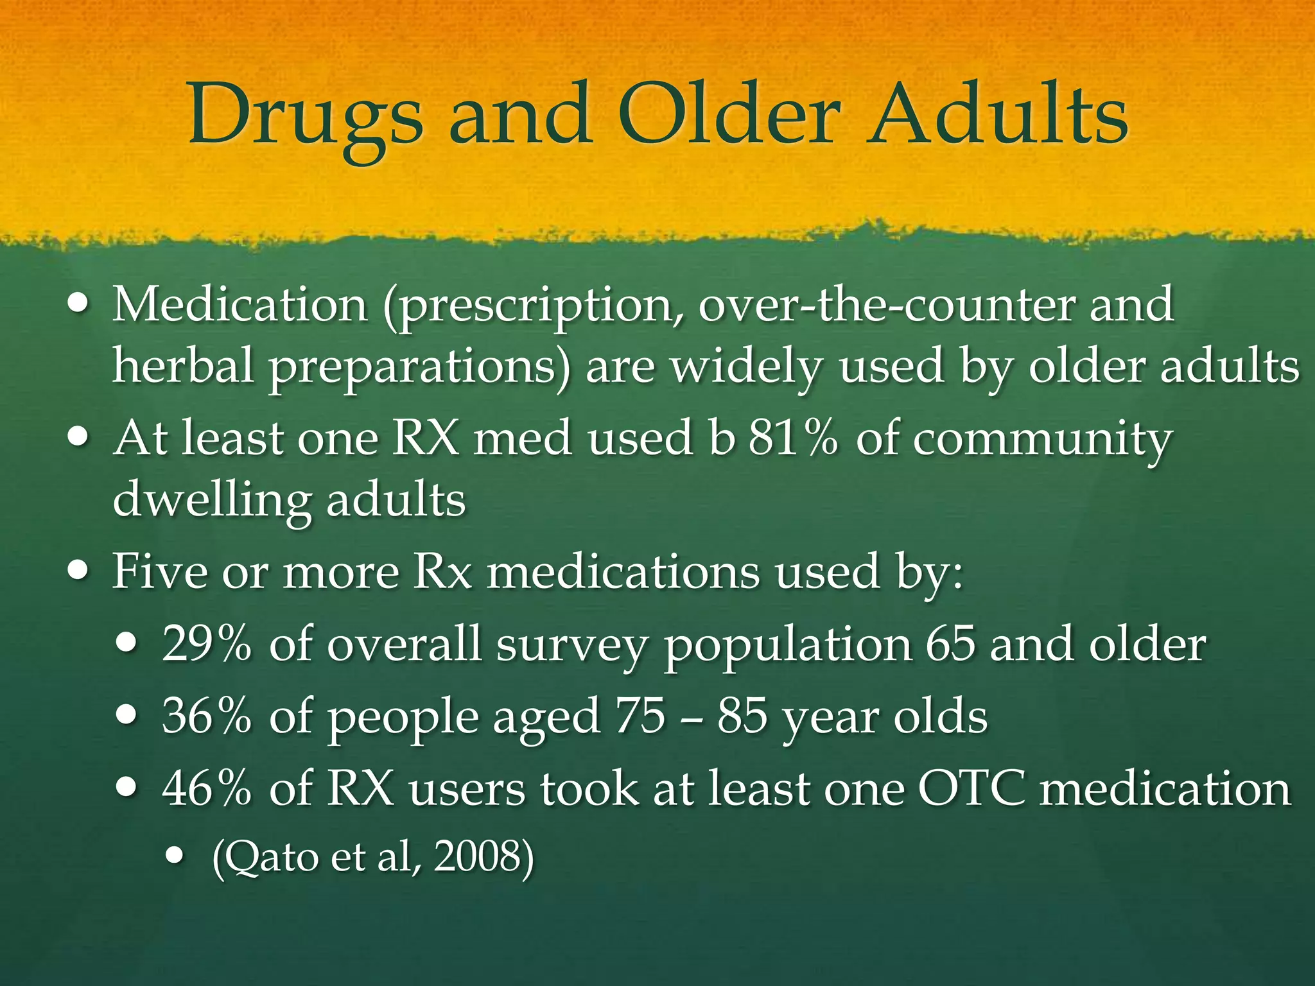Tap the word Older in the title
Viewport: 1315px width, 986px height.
click(x=729, y=114)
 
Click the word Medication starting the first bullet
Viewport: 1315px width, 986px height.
click(x=239, y=304)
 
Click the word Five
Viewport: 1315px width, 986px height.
click(x=160, y=571)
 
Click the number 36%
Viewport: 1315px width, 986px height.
click(x=206, y=716)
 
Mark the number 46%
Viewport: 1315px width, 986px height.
click(x=206, y=788)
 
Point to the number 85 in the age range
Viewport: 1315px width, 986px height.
click(x=742, y=716)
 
